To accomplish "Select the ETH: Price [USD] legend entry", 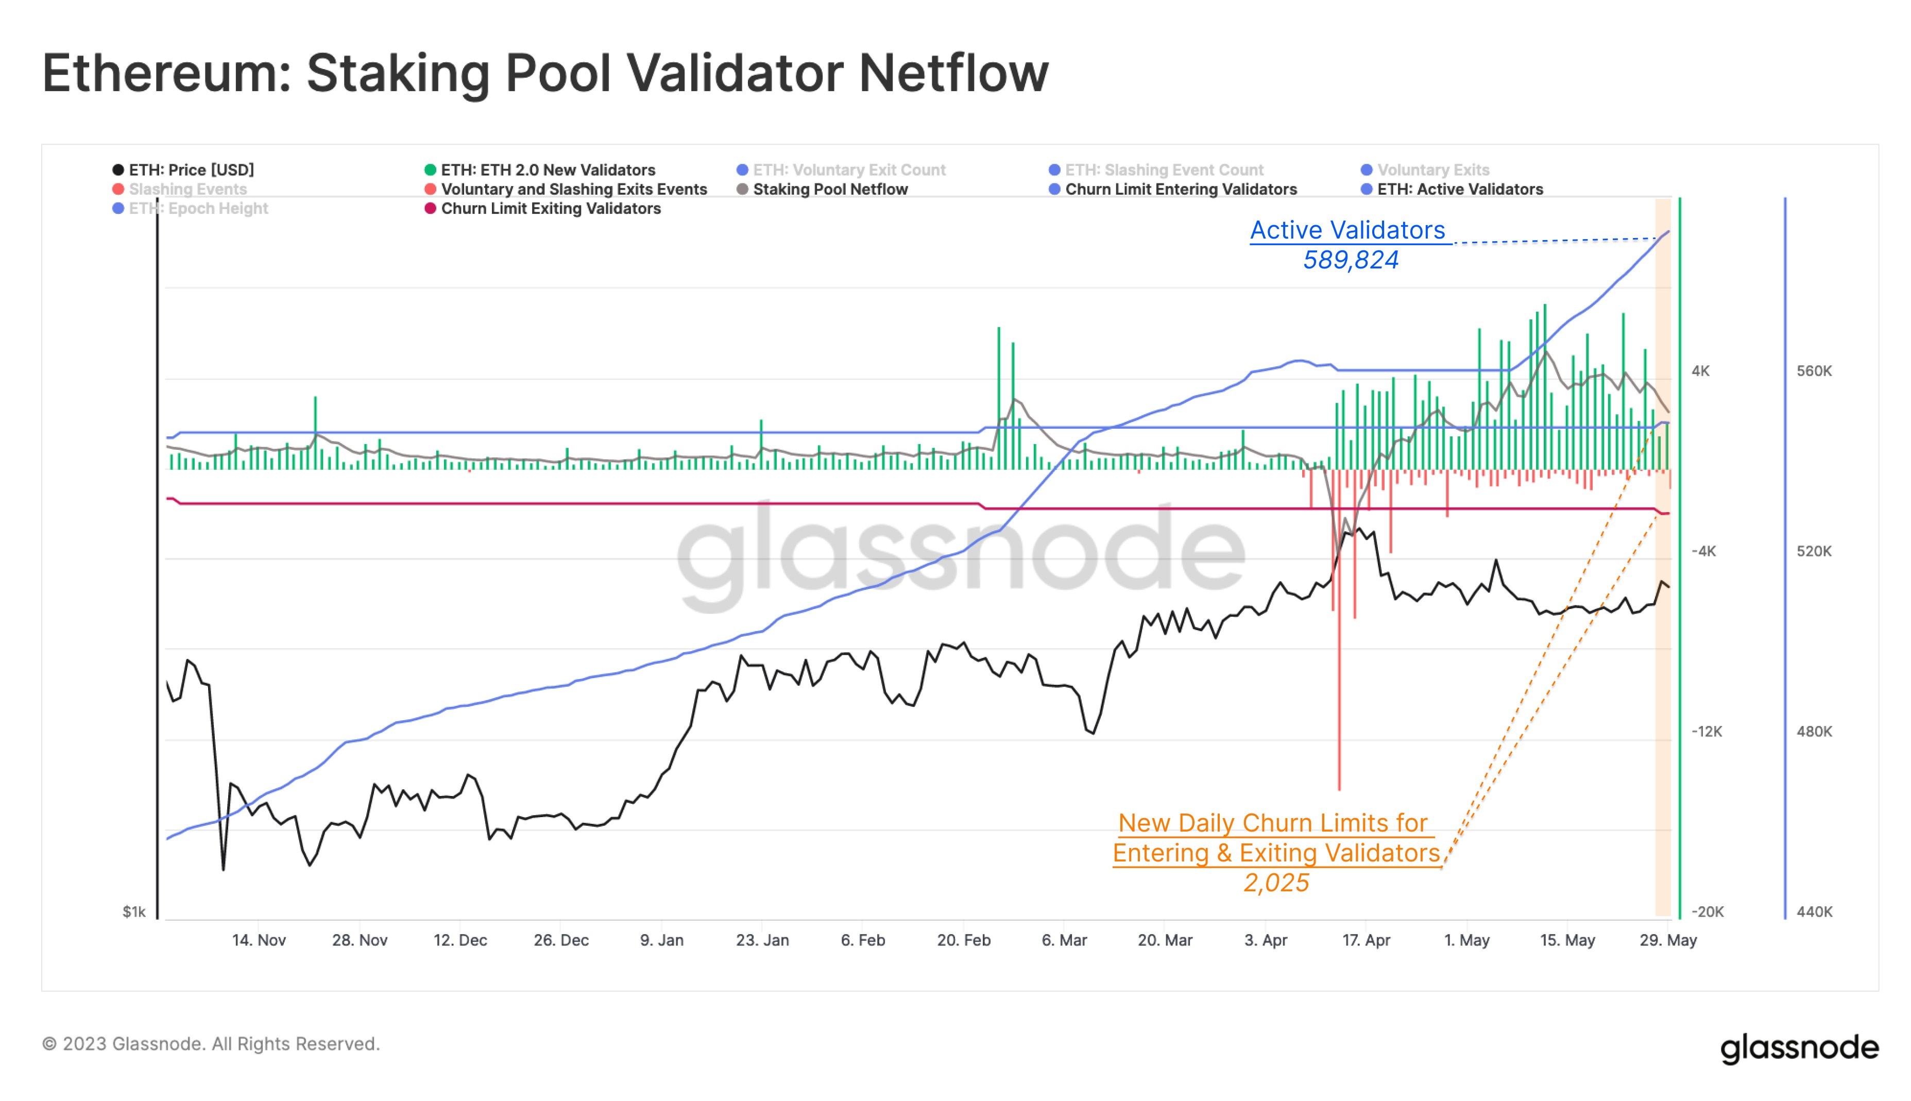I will pyautogui.click(x=191, y=170).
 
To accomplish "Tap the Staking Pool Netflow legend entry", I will pyautogui.click(x=829, y=189).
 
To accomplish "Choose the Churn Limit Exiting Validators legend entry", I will pyautogui.click(x=550, y=209).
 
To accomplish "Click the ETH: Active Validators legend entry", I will pyautogui.click(x=1459, y=189).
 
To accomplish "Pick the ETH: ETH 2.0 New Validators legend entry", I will pyautogui.click(x=548, y=170).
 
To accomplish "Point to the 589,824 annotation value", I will pyautogui.click(x=1350, y=260).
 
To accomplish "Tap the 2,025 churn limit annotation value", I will pyautogui.click(x=1276, y=883).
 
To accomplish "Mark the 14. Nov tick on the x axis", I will pyautogui.click(x=259, y=940).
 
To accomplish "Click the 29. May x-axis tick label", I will pyautogui.click(x=1667, y=940).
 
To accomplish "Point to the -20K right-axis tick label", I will pyautogui.click(x=1707, y=912).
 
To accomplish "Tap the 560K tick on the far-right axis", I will pyautogui.click(x=1814, y=371).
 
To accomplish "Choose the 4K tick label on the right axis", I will pyautogui.click(x=1700, y=371).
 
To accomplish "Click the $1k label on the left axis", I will pyautogui.click(x=134, y=912).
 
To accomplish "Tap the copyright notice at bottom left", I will pyautogui.click(x=211, y=1044).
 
